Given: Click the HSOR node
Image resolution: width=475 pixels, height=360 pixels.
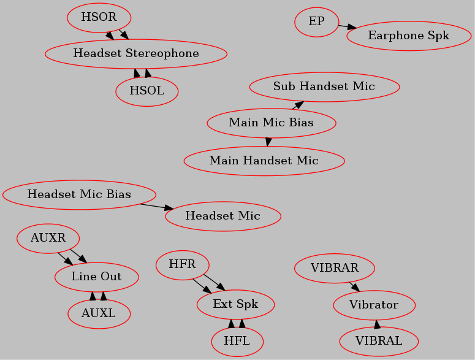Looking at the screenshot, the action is [x=99, y=18].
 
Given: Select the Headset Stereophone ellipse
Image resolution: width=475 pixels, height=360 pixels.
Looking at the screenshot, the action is [x=136, y=53].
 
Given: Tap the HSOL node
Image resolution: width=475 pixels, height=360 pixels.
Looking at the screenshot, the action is [x=147, y=91].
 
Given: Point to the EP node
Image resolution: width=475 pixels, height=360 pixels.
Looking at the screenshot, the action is [x=317, y=22].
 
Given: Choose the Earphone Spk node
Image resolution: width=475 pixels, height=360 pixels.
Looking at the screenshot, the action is [x=409, y=36].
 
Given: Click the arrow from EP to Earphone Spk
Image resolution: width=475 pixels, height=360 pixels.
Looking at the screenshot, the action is [x=348, y=27].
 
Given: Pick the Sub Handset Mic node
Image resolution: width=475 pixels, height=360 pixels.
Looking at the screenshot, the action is [x=324, y=87].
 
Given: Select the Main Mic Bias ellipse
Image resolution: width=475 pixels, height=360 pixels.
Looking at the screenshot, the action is [x=272, y=123].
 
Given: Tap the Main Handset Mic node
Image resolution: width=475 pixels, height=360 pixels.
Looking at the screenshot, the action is [x=264, y=161].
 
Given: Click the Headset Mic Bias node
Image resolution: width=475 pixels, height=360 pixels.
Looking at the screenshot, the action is [x=79, y=195].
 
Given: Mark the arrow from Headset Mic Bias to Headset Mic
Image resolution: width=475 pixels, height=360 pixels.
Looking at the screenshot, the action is [x=157, y=207].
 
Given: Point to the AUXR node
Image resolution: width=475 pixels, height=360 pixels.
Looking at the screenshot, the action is [x=48, y=239].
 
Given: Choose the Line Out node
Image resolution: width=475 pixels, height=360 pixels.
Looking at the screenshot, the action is [x=97, y=277].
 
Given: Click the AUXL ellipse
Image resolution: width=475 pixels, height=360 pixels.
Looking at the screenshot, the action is [x=99, y=314].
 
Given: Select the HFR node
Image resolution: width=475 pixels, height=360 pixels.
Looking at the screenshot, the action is [x=183, y=265].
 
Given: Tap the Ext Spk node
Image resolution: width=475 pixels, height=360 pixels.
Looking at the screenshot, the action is [x=236, y=304].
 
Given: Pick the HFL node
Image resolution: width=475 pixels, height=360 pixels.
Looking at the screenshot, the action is [x=238, y=342].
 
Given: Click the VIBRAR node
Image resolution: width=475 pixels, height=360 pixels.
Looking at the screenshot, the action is [x=335, y=268].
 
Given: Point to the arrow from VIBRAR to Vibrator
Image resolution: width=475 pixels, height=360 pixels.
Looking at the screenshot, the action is [x=355, y=287].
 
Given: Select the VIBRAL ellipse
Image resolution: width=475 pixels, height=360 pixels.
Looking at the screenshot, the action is [x=379, y=341].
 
